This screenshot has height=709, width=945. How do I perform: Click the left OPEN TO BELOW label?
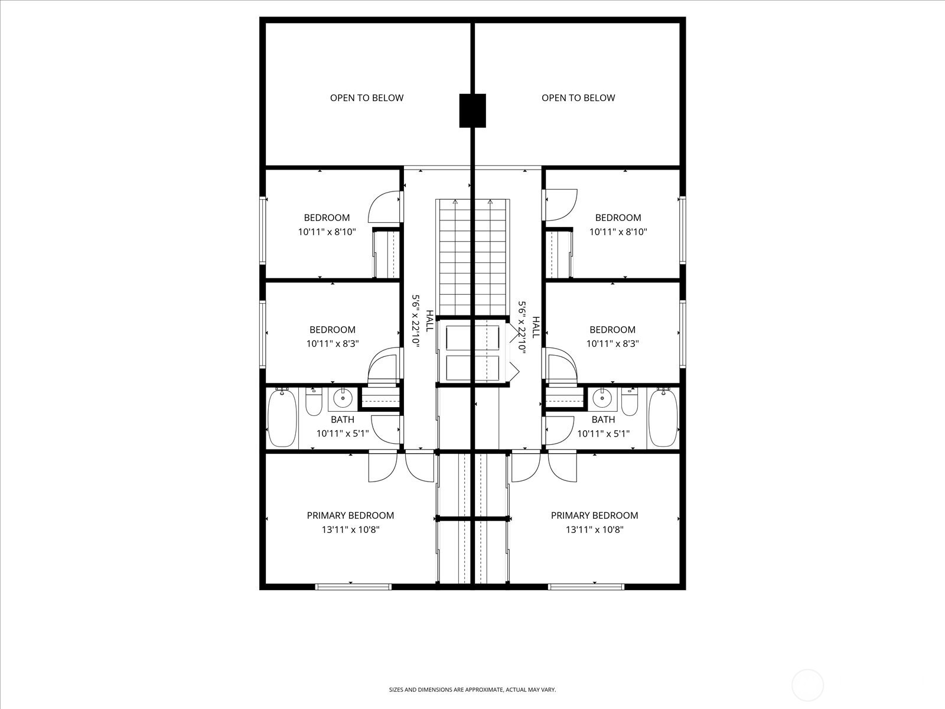coord(366,98)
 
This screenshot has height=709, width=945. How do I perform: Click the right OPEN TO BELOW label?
coord(578,98)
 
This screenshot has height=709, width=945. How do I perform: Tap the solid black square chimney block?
coord(472,110)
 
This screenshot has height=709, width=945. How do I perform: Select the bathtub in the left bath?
coord(282,418)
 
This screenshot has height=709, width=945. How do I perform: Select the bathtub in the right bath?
coord(663,418)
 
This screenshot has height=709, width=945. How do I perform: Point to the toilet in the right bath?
coord(630,402)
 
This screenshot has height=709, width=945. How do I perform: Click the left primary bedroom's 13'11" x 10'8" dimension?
coord(350,530)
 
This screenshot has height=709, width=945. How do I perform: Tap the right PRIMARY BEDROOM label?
coord(594,516)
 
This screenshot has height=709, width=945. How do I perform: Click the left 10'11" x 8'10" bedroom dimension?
coord(327,232)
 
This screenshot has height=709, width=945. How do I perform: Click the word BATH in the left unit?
coord(343,419)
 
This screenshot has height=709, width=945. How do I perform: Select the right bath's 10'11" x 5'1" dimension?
coord(603,434)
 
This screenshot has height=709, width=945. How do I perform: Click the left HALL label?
coord(430,321)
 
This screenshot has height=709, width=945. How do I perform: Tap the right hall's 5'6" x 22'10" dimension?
coord(522,327)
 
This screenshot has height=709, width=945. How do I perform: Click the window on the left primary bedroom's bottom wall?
coord(353,587)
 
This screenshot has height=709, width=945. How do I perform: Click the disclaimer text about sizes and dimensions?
coord(472,690)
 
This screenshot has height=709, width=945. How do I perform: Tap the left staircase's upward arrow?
coord(455,203)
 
